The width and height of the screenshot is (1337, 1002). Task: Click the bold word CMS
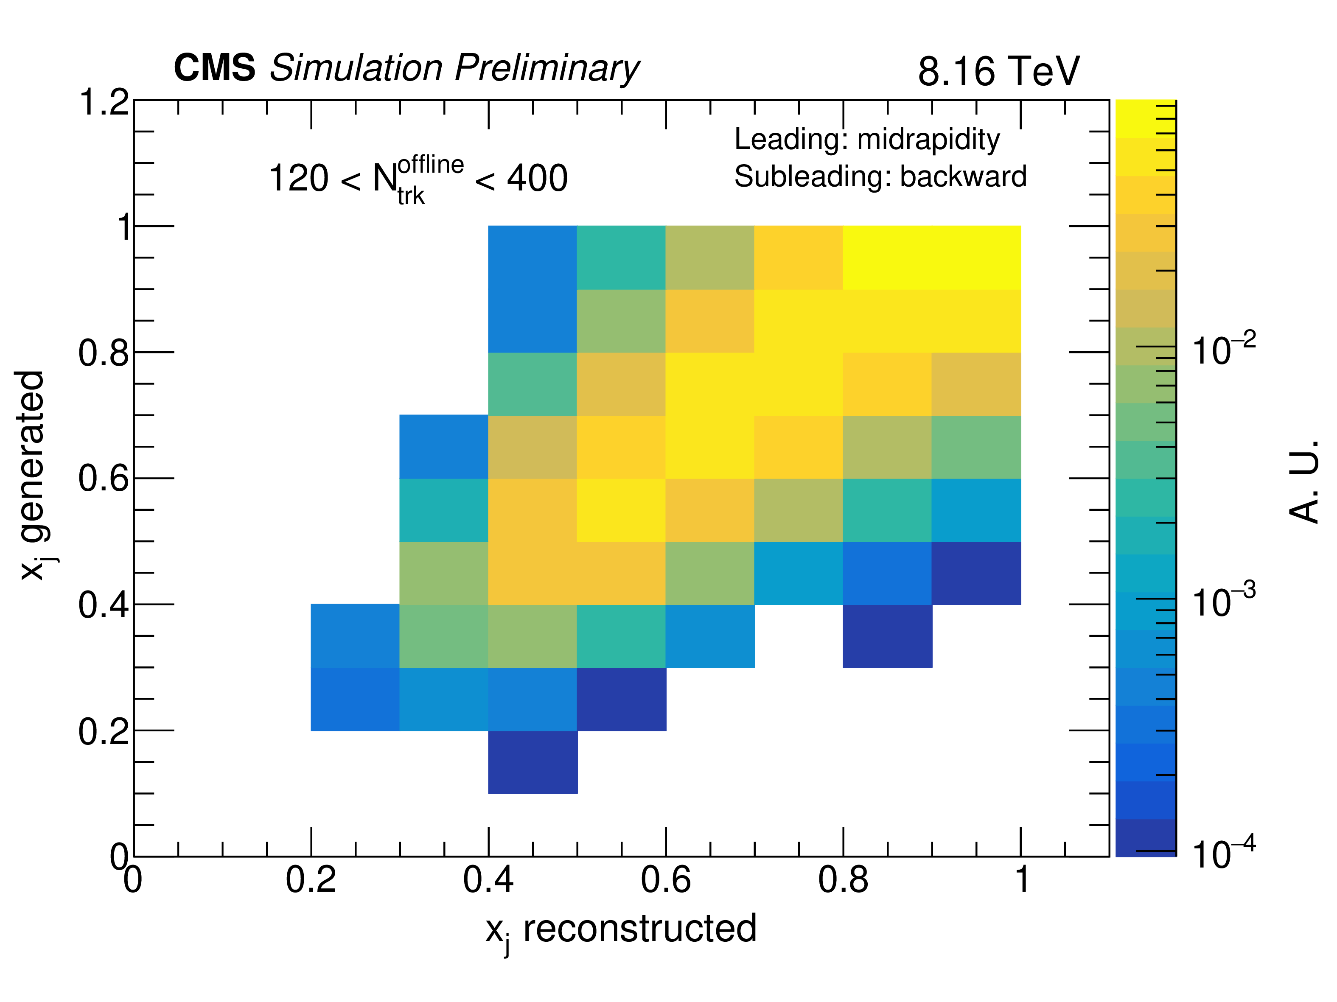[x=215, y=68]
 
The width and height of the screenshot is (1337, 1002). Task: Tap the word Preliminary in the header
[x=547, y=68]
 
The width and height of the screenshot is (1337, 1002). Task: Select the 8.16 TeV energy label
[x=998, y=71]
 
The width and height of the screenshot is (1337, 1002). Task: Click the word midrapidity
[x=928, y=140]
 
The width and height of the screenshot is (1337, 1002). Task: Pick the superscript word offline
[x=430, y=164]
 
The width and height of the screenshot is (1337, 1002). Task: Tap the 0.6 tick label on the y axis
[x=104, y=479]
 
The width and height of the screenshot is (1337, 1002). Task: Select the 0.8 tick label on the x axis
[x=843, y=880]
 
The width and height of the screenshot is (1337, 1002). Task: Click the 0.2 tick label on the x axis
[x=311, y=880]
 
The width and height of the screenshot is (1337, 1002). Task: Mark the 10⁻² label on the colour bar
[x=1223, y=349]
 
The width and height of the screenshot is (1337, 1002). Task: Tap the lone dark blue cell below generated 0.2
[x=533, y=762]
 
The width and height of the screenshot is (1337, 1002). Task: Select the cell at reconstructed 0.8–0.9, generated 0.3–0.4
[x=887, y=636]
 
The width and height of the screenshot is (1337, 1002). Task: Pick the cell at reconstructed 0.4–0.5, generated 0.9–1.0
[x=533, y=257]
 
